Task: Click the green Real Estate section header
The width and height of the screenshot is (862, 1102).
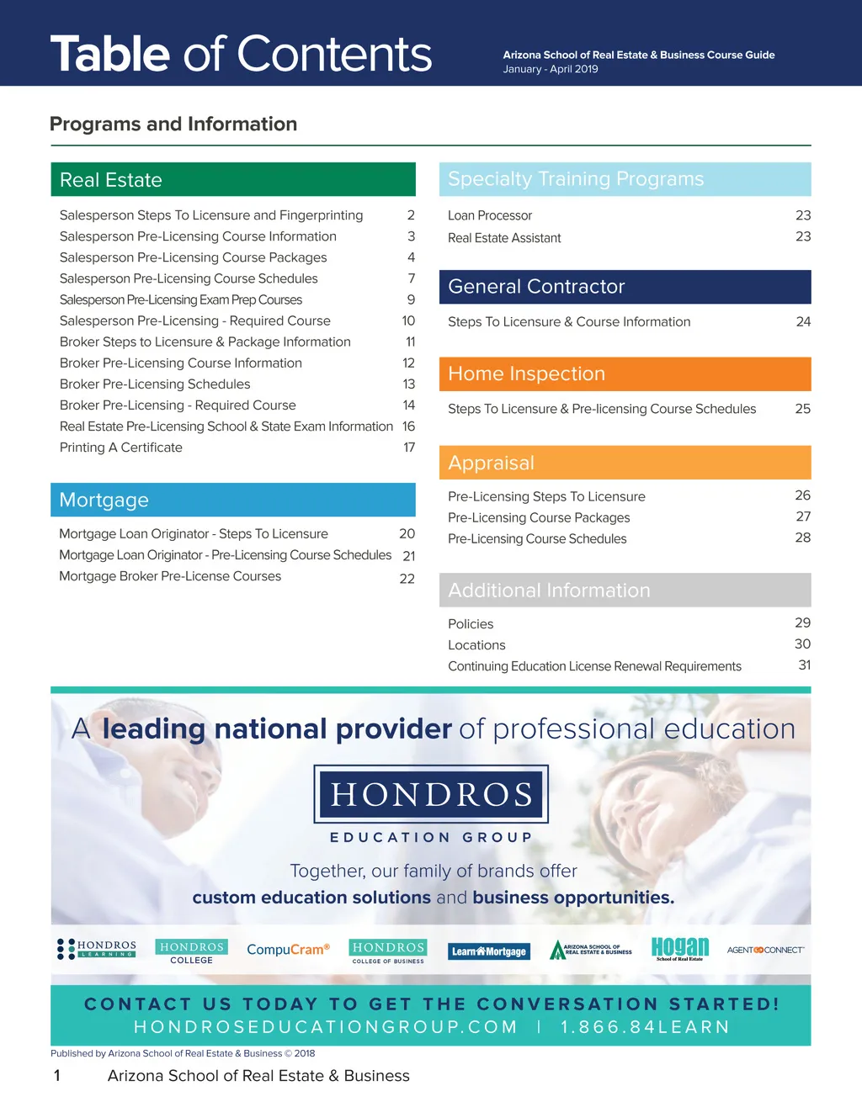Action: coord(232,180)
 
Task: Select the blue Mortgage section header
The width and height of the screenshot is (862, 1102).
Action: coord(232,500)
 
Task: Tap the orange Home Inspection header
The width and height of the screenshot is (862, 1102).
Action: coord(625,374)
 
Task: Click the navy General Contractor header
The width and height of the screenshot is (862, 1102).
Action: coord(625,287)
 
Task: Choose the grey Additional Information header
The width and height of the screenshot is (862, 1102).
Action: coord(625,591)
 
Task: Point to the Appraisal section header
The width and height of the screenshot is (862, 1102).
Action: coord(625,463)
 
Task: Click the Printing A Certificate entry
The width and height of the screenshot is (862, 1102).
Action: coord(121,448)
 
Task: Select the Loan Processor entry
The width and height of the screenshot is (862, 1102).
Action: coord(490,216)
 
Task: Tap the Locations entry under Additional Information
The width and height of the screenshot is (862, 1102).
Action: coord(476,645)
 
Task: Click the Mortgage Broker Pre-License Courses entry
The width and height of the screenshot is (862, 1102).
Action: coord(170,576)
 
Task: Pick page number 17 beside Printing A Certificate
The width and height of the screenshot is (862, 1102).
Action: coord(409,448)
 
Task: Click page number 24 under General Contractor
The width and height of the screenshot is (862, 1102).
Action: coord(803,321)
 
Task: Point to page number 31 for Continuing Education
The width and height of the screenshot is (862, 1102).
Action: coord(805,665)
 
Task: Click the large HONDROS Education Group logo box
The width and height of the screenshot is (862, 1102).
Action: coord(431,794)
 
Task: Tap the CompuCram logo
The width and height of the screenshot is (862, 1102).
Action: coord(288,950)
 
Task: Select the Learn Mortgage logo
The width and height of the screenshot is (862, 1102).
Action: coord(489,951)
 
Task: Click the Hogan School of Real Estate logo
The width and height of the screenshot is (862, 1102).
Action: coord(680,949)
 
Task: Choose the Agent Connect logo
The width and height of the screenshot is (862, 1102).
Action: coord(765,950)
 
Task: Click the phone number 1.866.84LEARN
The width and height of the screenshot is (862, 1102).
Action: coord(645,1027)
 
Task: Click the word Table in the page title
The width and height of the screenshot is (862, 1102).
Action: coord(110,55)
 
